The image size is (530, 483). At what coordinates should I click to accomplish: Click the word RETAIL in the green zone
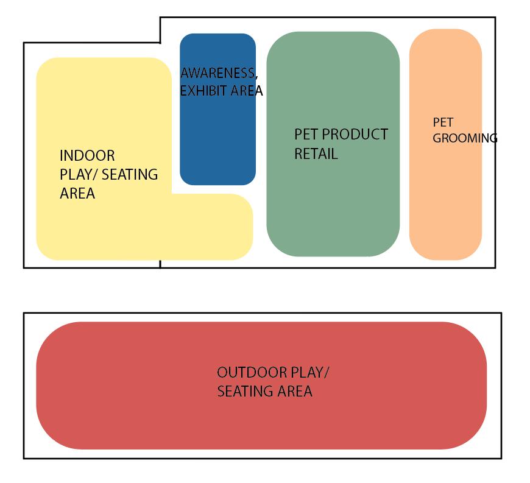pos(316,153)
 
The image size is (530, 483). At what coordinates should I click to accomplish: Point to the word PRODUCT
pos(355,134)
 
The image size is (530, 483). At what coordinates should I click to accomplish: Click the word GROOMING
pos(465,138)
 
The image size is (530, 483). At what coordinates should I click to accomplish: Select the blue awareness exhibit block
pos(217,140)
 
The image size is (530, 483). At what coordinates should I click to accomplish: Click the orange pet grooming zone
pos(445,195)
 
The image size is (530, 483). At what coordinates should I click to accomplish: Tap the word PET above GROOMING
pos(442,122)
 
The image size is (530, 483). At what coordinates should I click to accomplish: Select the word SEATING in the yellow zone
pos(129,175)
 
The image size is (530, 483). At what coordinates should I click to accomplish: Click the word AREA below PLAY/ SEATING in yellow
pos(77,194)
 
